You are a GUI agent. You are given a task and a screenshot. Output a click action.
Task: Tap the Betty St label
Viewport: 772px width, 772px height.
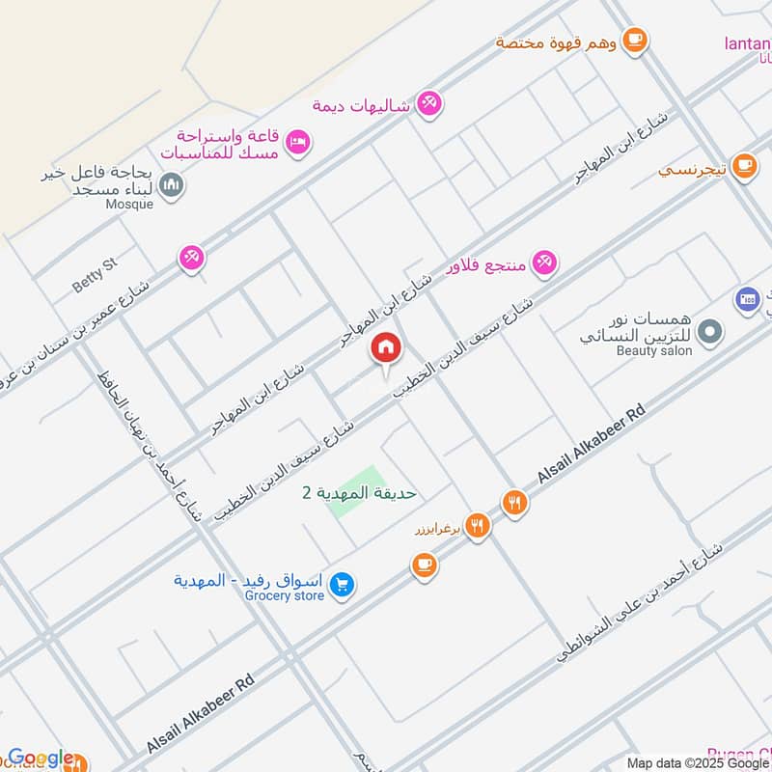coord(94,278)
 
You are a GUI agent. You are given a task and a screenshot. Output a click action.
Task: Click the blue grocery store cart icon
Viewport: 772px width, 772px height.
coord(341,585)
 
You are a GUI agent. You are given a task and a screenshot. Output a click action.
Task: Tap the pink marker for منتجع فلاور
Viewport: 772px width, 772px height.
coord(545,262)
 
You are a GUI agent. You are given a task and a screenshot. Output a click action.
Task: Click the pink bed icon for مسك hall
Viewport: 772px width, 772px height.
coord(298,141)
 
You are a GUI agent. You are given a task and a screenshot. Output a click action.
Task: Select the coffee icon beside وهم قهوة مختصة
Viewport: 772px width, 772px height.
coord(634,40)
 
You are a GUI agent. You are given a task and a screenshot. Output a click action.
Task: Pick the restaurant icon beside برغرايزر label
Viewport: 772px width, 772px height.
coord(477,526)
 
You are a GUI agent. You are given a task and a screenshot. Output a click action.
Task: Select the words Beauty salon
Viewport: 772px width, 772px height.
coord(654,351)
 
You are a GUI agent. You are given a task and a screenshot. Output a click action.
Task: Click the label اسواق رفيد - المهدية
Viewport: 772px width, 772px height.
coord(248,580)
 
